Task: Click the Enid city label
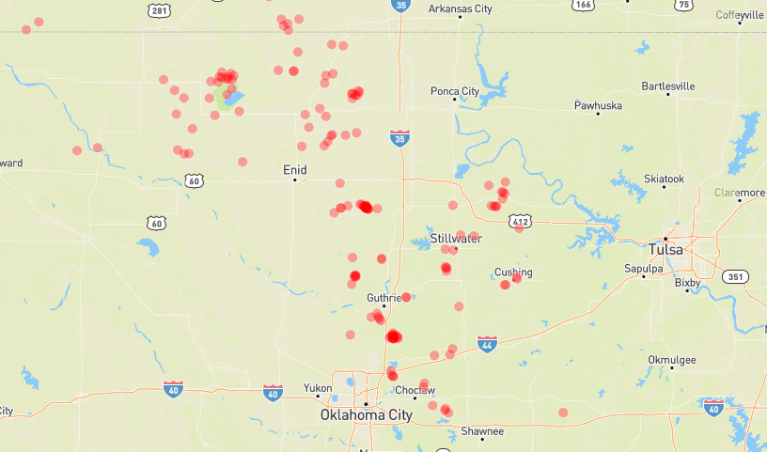pos(294,170)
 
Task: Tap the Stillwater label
pos(457,239)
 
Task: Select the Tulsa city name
pos(666,250)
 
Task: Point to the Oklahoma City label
pos(366,414)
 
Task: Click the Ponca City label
pos(456,91)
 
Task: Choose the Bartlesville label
pos(667,86)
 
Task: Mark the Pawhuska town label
pos(598,106)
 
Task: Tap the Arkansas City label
pos(460,8)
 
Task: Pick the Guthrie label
pos(383,298)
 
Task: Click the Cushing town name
pos(513,273)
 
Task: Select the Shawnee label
pos(482,432)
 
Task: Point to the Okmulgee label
pos(672,360)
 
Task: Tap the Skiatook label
pos(665,179)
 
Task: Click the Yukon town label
pos(318,388)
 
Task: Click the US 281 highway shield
pos(159,10)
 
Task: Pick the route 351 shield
pos(735,276)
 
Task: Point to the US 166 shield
pos(584,6)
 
